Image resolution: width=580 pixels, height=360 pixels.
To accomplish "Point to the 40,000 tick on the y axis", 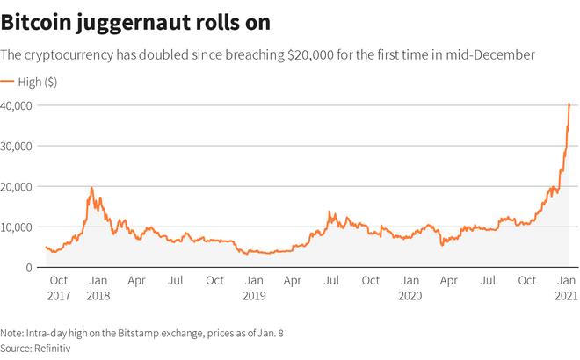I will (18, 105).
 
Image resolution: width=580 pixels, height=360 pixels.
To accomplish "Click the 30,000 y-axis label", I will (18, 146).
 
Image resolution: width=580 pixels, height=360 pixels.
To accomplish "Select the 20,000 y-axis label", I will (18, 186).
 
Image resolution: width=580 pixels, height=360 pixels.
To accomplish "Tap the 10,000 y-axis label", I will (18, 227).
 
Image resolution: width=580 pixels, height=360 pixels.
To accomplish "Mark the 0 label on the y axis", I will (29, 267).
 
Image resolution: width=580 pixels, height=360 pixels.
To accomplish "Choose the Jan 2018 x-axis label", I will (98, 288).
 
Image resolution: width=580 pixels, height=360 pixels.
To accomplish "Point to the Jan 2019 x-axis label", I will (254, 288).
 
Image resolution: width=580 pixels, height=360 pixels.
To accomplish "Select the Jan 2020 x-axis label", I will (410, 288).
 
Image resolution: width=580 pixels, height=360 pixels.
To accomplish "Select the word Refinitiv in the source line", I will (53, 348).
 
